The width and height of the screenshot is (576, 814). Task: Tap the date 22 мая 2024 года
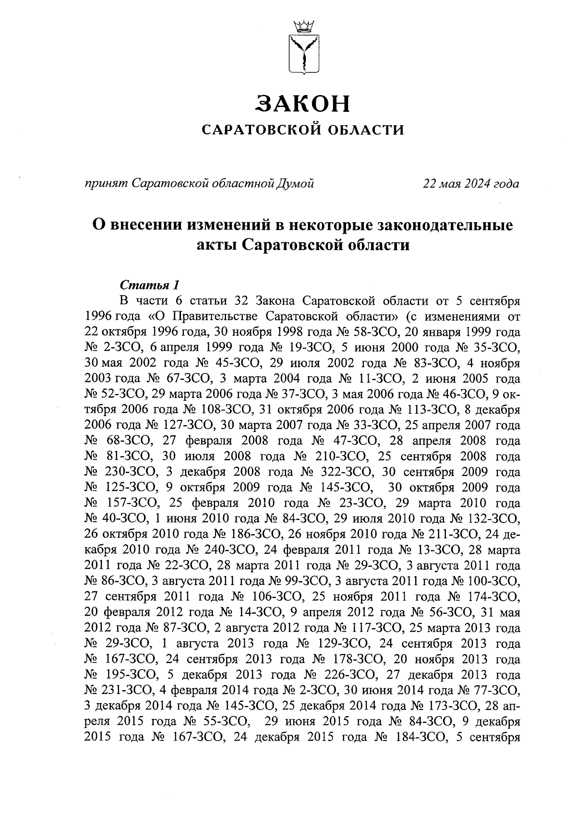pos(470,183)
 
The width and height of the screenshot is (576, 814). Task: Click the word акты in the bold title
pos(217,245)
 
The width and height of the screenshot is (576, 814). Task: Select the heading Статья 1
pos(149,285)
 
